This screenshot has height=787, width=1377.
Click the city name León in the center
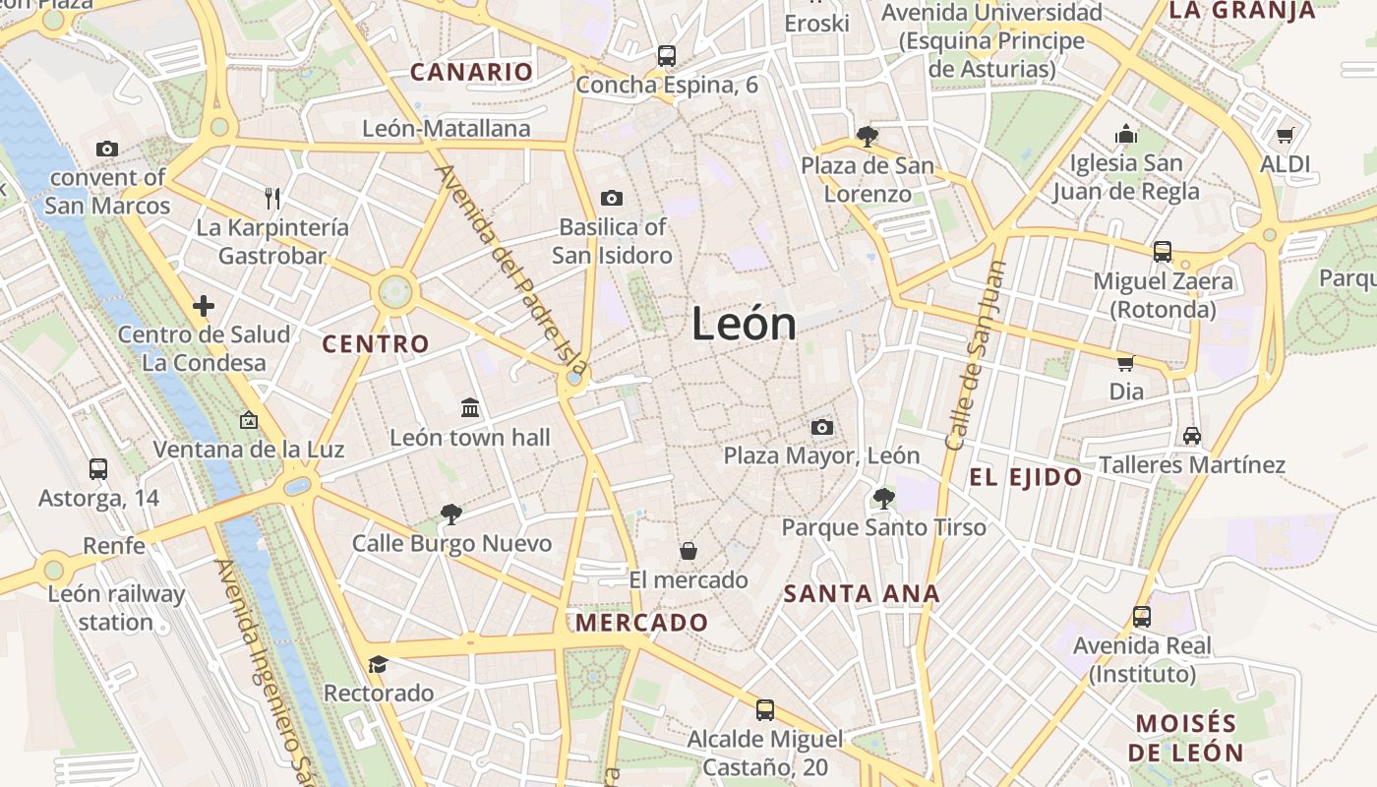[x=744, y=324]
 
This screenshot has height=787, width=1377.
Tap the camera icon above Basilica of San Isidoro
[x=611, y=199]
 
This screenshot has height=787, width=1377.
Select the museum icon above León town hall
[x=470, y=407]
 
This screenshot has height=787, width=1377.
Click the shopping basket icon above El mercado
[x=688, y=551]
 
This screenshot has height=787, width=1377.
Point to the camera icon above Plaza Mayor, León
[x=821, y=427]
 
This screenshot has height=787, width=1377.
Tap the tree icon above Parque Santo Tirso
[x=883, y=498]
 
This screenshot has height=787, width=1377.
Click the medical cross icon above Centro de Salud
[x=204, y=306]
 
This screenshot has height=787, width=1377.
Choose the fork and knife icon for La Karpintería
[x=272, y=199]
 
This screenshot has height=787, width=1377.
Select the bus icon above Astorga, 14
[x=98, y=469]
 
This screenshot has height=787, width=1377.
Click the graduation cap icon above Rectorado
[x=378, y=664]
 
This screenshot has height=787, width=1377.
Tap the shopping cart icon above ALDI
[x=1285, y=135]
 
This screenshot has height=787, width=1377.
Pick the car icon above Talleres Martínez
[x=1192, y=435]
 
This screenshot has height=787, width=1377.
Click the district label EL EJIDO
[x=1026, y=478]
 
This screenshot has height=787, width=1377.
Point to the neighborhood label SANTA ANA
[x=862, y=594]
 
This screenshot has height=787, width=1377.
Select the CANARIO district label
[x=471, y=72]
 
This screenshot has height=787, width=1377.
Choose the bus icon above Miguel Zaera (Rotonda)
[x=1163, y=252]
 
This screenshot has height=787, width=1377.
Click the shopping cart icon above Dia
[x=1126, y=363]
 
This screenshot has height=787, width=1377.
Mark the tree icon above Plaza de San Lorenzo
[x=867, y=136]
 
